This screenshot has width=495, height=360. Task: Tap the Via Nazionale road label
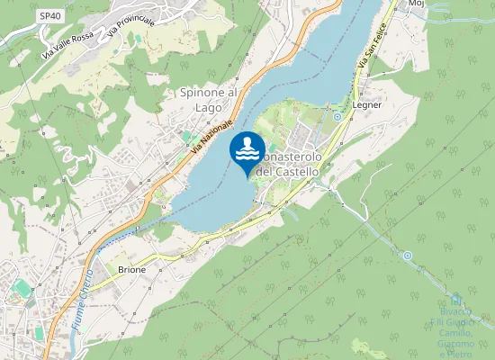click(x=212, y=135)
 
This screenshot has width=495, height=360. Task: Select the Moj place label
click(x=416, y=4)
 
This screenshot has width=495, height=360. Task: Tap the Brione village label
click(x=131, y=269)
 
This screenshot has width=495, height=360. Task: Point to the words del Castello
click(x=288, y=171)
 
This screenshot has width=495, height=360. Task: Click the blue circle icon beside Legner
click(x=337, y=117)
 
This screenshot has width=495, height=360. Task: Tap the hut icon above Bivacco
click(x=455, y=297)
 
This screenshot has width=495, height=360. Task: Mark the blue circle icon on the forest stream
click(x=407, y=256)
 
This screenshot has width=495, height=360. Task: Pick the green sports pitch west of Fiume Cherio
click(x=22, y=288)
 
